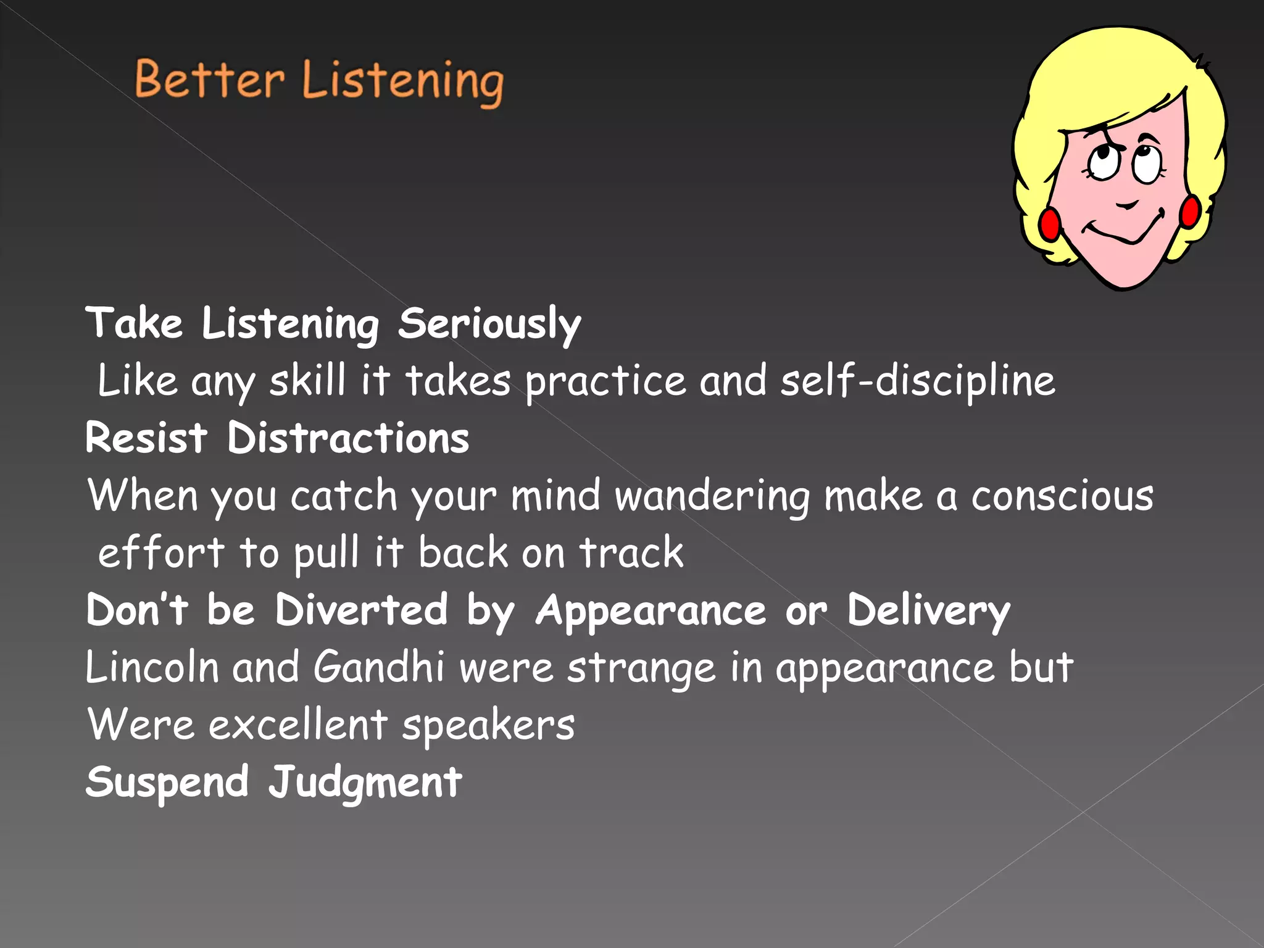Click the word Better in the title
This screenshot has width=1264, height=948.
209,81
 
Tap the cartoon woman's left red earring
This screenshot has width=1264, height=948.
1050,223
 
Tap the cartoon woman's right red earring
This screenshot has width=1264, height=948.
1190,211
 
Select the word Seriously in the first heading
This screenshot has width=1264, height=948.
489,323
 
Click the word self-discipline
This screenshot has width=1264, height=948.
917,381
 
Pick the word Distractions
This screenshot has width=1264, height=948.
348,438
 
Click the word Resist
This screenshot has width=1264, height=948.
146,438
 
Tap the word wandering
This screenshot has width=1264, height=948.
713,496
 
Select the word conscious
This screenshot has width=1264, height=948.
1062,496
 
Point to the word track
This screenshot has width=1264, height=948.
631,552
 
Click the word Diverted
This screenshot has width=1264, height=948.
361,610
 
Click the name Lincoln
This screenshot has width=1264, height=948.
152,667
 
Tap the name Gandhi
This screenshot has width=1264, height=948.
378,667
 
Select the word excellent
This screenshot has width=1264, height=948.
298,725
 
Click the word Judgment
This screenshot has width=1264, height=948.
365,783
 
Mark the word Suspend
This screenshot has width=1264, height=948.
167,783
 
